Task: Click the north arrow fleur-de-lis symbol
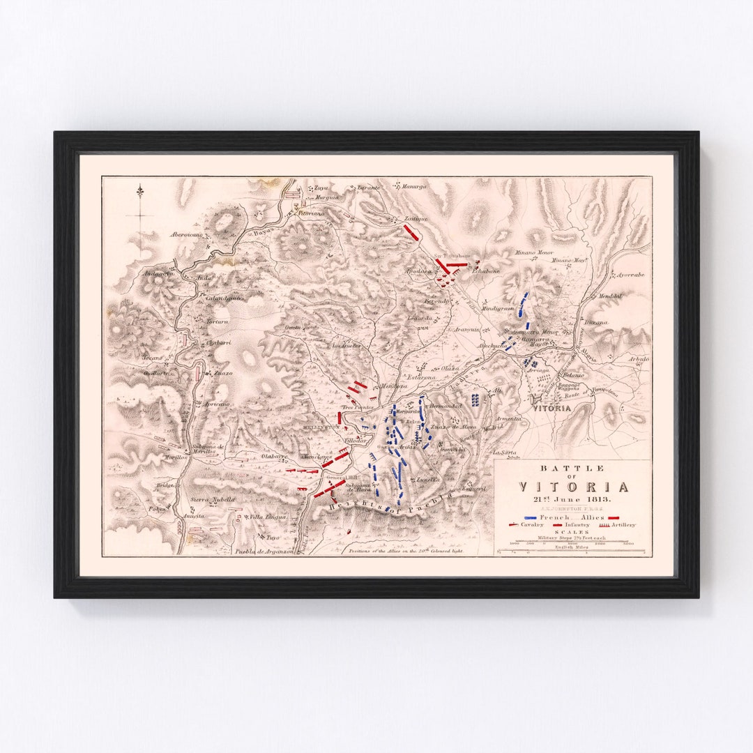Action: (140, 191)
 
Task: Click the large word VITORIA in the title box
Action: (572, 487)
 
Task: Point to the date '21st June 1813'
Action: (572, 501)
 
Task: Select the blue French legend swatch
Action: (531, 518)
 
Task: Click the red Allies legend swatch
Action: (614, 518)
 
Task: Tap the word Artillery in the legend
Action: (621, 525)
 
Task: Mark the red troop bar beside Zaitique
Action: (411, 232)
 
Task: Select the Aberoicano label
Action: (187, 235)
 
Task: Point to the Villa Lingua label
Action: (267, 517)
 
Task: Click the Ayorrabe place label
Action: (630, 275)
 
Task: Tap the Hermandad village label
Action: (446, 405)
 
